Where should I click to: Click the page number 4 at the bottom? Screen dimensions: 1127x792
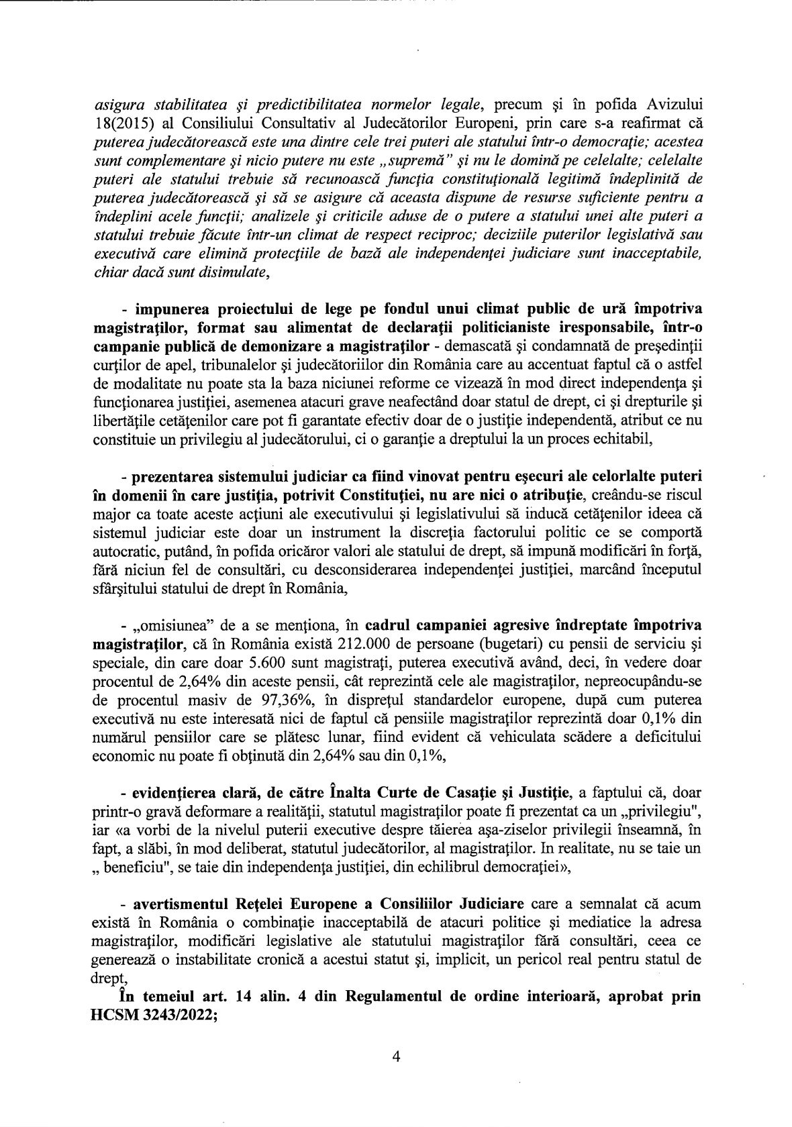[395, 1057]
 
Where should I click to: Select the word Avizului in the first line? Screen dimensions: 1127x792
[671, 105]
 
